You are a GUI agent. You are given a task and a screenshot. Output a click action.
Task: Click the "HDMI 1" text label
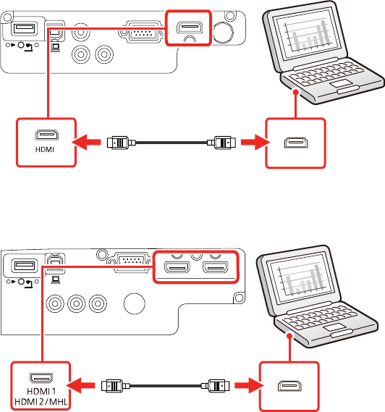point(41,391)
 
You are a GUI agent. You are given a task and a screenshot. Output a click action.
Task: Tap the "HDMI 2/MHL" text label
point(41,402)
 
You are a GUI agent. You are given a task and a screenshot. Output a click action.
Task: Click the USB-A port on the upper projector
point(24,28)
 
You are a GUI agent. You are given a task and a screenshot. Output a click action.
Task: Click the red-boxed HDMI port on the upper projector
point(189,28)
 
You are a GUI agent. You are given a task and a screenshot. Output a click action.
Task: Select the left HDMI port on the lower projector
point(177,267)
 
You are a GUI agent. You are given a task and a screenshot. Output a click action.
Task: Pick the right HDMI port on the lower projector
point(216,267)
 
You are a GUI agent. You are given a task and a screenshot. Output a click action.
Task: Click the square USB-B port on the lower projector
point(55,263)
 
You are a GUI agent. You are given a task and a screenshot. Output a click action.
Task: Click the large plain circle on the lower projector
point(134,303)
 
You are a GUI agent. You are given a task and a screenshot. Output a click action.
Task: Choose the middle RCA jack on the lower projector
point(77,303)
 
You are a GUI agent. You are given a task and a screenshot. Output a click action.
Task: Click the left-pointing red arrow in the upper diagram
point(86,143)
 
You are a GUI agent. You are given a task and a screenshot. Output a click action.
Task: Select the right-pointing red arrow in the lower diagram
point(249,385)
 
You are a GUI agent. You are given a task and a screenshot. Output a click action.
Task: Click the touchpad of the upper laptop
point(341,84)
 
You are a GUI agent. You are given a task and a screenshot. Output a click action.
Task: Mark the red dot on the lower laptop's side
point(289,336)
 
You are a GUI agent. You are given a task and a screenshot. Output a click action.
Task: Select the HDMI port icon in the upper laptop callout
point(296,143)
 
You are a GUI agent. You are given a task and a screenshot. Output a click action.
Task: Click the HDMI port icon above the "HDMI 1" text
point(41,379)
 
